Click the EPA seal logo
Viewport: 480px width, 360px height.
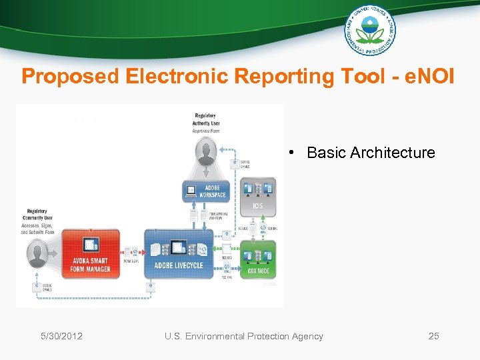369,30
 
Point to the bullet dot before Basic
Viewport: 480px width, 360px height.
293,153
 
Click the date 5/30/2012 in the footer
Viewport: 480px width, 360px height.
60,336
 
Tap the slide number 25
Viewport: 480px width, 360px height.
433,336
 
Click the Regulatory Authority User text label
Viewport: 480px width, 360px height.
206,119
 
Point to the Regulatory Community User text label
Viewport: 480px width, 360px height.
37,215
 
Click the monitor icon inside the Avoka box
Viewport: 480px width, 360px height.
91,245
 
